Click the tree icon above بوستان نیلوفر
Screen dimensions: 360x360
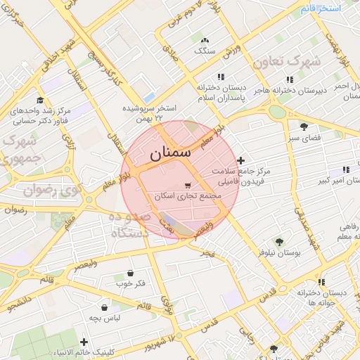tap(279, 241)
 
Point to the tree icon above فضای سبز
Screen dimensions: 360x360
tap(303, 127)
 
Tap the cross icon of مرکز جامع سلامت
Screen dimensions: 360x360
tap(242, 161)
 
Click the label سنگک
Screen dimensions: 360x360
tap(205, 51)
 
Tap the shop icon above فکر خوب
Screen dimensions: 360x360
tap(130, 274)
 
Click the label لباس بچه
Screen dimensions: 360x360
tap(104, 318)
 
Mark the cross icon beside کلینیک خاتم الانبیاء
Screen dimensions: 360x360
tap(84, 342)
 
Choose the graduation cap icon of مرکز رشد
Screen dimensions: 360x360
tap(40, 100)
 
